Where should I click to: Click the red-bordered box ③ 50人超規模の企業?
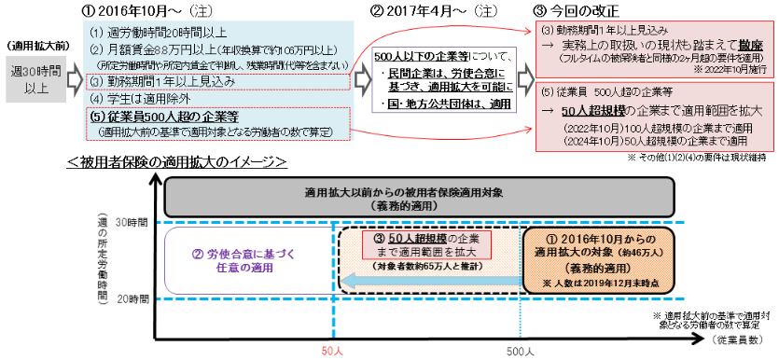[426, 245]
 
